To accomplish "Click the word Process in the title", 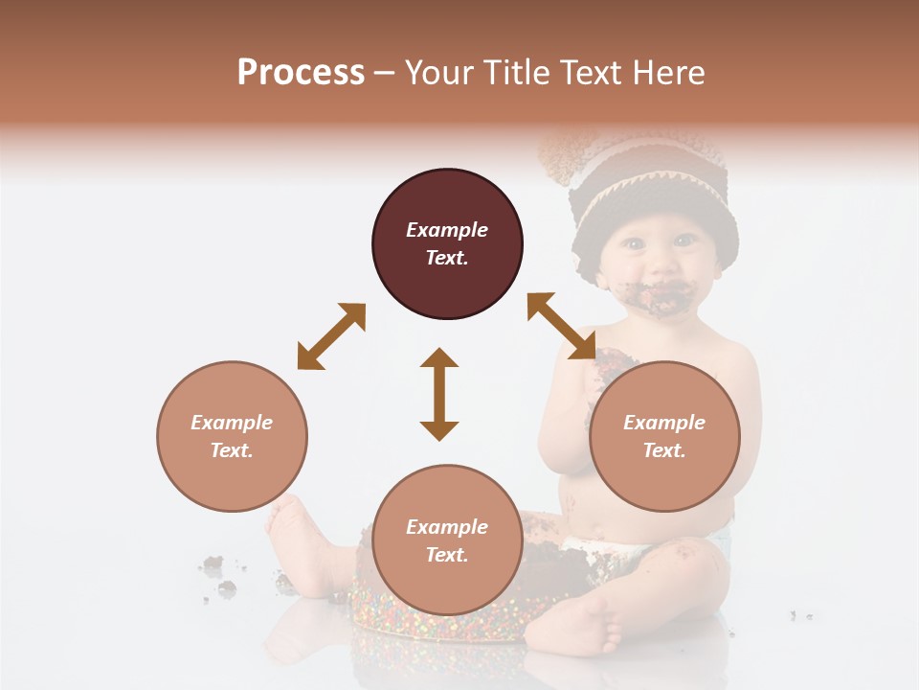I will pos(301,73).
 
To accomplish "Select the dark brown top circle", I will pos(447,244).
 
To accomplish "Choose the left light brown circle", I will pos(232,436).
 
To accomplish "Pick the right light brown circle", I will pos(664,436).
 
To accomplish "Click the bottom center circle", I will pos(447,540).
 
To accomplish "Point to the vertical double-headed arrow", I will pos(439,394).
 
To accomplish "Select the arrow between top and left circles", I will pos(331,336).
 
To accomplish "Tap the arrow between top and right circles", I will pos(561,326).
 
